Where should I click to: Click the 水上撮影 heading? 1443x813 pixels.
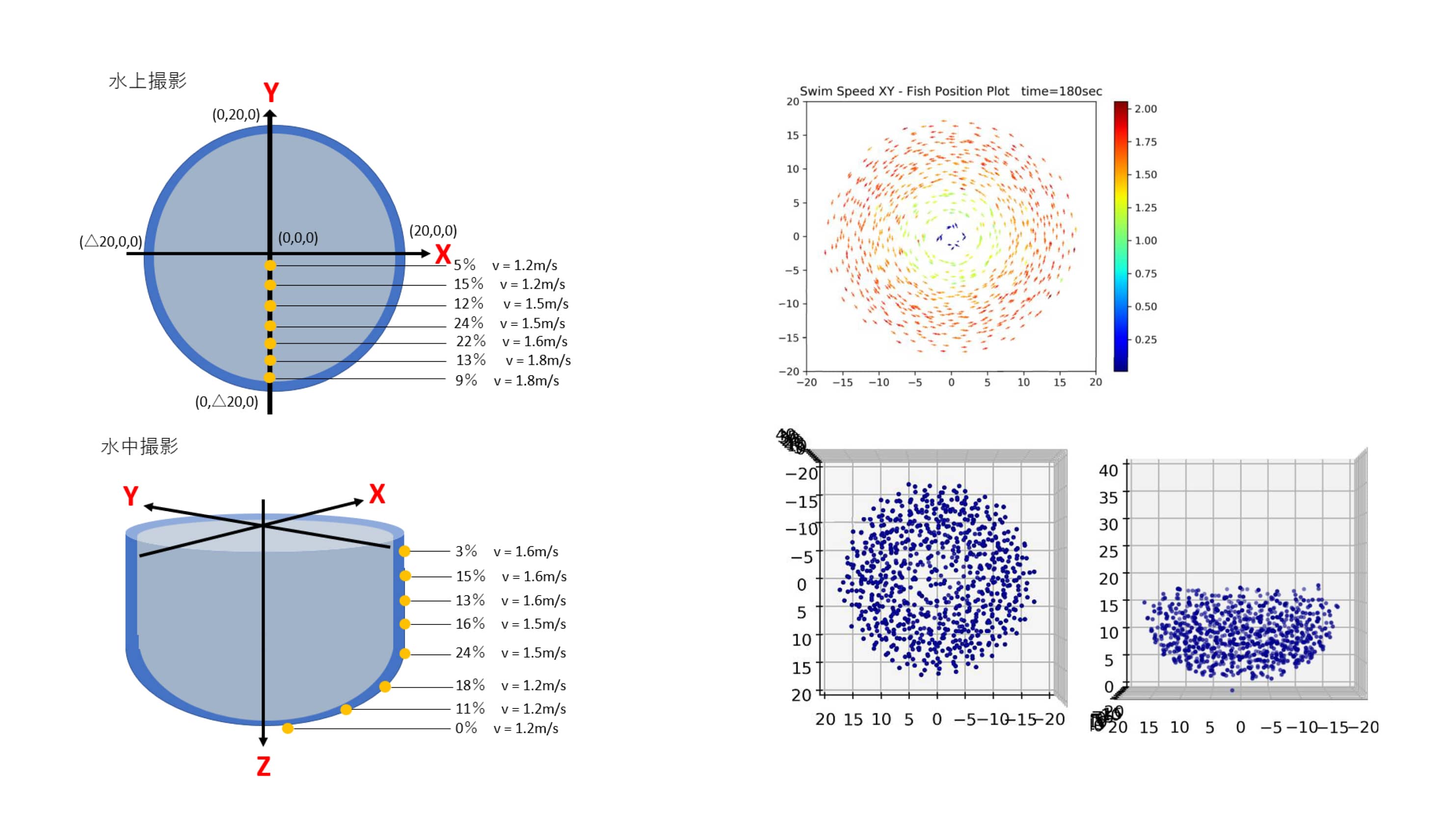tap(147, 81)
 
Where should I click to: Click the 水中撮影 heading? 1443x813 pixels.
tap(139, 447)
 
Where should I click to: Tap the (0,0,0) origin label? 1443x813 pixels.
tap(298, 238)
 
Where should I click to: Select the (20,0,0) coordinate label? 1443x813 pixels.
tap(433, 231)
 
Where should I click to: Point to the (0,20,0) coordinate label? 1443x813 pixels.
tap(236, 115)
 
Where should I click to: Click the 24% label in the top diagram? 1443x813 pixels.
tap(468, 324)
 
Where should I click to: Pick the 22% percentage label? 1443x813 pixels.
tap(471, 341)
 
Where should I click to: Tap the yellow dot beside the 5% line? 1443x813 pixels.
tap(270, 266)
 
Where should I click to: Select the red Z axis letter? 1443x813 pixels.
tap(263, 766)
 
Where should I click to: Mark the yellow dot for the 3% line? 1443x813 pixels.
tap(404, 551)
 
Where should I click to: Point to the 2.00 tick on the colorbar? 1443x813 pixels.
tap(1146, 108)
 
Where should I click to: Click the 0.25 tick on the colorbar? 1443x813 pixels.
tap(1146, 340)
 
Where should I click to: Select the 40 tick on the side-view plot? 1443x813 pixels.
tap(1108, 471)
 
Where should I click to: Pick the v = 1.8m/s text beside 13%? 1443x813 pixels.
tap(538, 360)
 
